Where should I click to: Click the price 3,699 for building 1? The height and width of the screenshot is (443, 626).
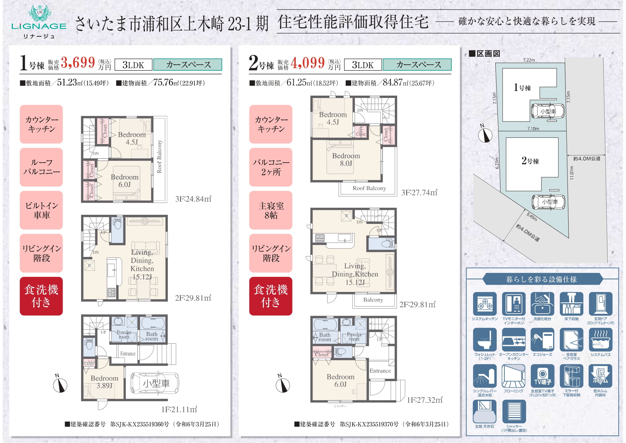pyautogui.click(x=78, y=62)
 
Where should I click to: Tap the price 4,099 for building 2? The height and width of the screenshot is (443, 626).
pyautogui.click(x=308, y=62)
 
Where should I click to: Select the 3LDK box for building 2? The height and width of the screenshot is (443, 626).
pyautogui.click(x=363, y=65)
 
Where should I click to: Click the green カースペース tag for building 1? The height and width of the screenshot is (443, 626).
pyautogui.click(x=188, y=65)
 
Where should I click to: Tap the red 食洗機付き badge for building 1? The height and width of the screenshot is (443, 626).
pyautogui.click(x=41, y=296)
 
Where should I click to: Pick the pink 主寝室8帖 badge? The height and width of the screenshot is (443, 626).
pyautogui.click(x=271, y=210)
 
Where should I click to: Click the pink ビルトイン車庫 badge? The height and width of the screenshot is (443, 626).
pyautogui.click(x=41, y=210)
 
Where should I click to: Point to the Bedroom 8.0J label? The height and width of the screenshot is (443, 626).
pyautogui.click(x=346, y=160)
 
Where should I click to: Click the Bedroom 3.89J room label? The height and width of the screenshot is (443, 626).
pyautogui.click(x=104, y=382)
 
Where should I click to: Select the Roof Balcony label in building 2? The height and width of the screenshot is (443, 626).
pyautogui.click(x=369, y=188)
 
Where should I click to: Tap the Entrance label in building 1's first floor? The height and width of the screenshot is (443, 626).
pyautogui.click(x=128, y=354)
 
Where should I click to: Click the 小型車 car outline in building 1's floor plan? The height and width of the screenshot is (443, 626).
pyautogui.click(x=155, y=383)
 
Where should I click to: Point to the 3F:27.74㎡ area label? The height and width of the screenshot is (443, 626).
pyautogui.click(x=419, y=193)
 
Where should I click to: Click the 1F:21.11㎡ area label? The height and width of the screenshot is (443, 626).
pyautogui.click(x=179, y=410)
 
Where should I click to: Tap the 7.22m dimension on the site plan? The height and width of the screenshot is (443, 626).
pyautogui.click(x=529, y=60)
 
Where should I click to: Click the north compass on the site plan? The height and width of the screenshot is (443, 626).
pyautogui.click(x=485, y=134)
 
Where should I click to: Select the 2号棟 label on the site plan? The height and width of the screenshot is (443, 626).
pyautogui.click(x=530, y=161)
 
